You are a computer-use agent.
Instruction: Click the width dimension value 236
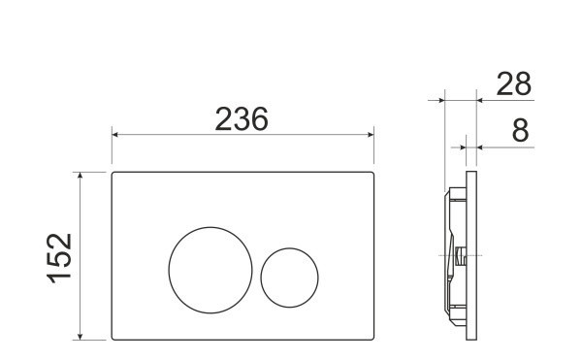click(x=241, y=118)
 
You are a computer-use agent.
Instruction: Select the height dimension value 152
click(x=60, y=257)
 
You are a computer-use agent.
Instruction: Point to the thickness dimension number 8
click(x=521, y=131)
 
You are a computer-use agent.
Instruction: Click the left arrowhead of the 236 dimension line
click(x=115, y=136)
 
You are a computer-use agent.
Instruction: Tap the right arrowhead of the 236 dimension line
click(x=372, y=136)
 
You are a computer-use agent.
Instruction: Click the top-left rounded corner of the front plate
click(x=115, y=176)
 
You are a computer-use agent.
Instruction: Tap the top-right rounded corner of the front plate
click(x=372, y=176)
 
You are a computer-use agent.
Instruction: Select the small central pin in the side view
click(x=459, y=257)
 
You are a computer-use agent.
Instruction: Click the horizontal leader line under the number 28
click(x=504, y=99)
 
